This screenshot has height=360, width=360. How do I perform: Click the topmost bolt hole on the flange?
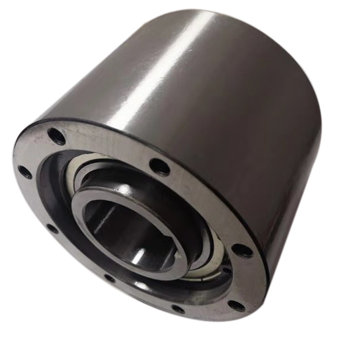coord(57,135)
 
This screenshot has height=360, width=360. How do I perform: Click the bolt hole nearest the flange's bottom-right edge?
coord(236,306)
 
